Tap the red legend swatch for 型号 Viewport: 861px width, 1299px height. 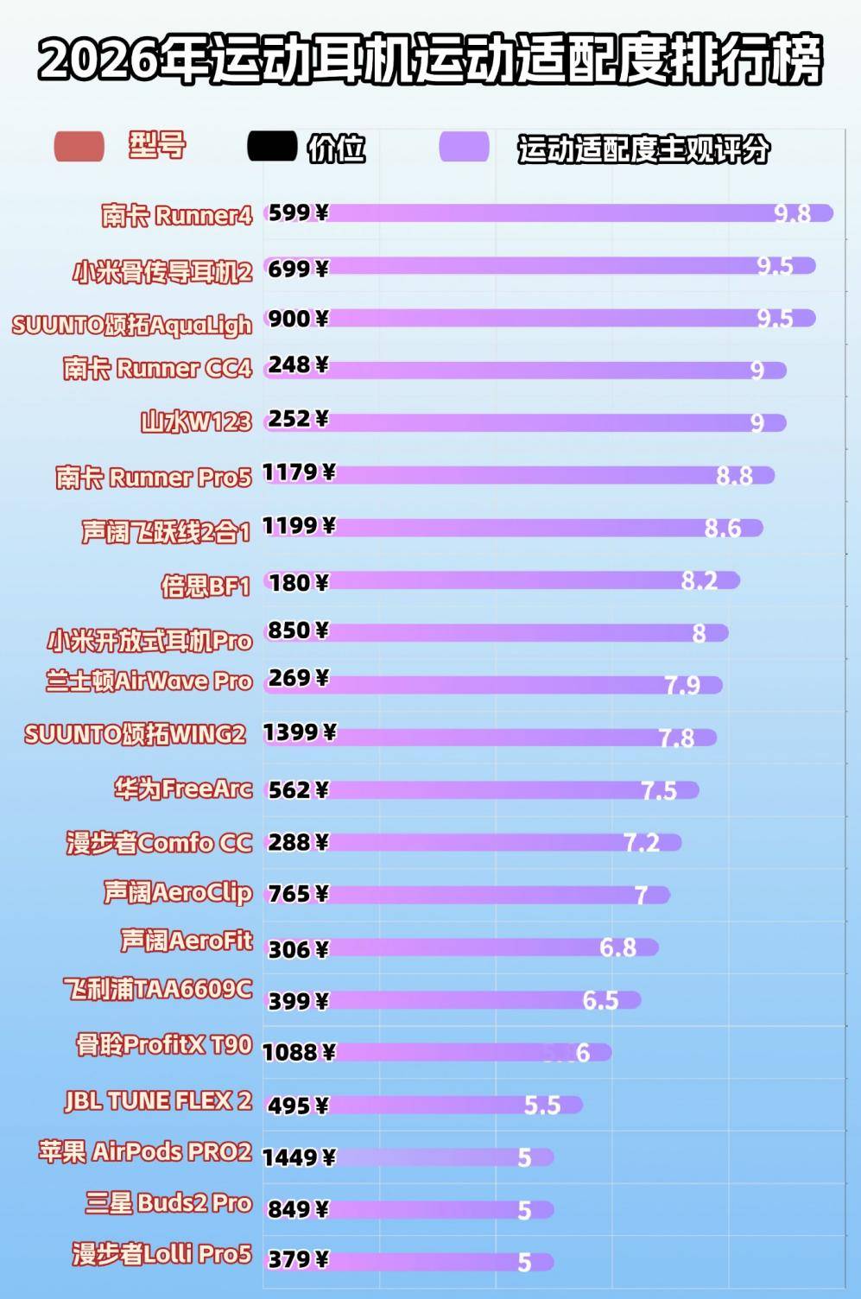(x=79, y=147)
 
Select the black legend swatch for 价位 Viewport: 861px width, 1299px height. (x=271, y=147)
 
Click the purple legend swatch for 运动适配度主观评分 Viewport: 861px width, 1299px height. (x=464, y=148)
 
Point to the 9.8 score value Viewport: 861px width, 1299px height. (x=792, y=214)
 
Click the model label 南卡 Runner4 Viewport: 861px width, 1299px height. (x=176, y=215)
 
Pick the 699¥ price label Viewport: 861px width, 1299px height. (x=298, y=269)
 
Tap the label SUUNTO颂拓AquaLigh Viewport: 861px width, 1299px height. (x=132, y=325)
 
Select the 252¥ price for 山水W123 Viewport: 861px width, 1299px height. (x=298, y=419)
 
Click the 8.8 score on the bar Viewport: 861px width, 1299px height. (x=734, y=476)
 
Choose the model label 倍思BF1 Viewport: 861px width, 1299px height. (x=206, y=586)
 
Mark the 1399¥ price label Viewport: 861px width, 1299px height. (x=299, y=733)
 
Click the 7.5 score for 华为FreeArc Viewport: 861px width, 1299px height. (x=659, y=791)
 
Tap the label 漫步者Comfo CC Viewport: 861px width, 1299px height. (x=160, y=842)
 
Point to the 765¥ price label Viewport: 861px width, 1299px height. (x=298, y=894)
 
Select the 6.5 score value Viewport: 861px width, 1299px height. (x=600, y=1000)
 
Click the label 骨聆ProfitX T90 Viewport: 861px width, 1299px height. (x=164, y=1045)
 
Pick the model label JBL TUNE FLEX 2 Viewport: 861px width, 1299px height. (x=159, y=1100)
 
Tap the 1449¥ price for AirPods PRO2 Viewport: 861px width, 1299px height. (x=299, y=1156)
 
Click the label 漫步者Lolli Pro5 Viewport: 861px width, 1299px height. (x=161, y=1253)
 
